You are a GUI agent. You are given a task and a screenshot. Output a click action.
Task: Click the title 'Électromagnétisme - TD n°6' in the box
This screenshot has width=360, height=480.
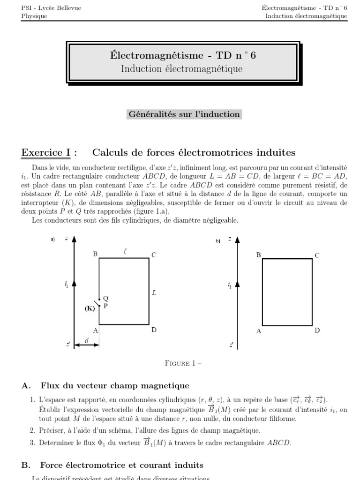(x=182, y=56)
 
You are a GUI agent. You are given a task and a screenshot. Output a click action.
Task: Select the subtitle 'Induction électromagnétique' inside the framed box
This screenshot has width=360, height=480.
(x=182, y=69)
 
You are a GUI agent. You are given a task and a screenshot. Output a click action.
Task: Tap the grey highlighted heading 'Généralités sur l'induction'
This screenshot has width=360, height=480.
(x=184, y=114)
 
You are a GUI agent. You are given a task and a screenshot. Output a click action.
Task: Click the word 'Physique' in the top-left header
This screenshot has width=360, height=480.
(x=34, y=16)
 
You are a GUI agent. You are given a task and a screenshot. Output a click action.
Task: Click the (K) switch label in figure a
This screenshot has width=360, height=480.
(x=90, y=308)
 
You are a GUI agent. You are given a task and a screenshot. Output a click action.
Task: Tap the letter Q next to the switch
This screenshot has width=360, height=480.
(x=105, y=298)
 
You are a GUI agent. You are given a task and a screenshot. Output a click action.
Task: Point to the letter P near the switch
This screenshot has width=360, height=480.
(x=105, y=305)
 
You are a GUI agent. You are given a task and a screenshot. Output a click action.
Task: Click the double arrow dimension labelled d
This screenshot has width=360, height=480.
(x=87, y=345)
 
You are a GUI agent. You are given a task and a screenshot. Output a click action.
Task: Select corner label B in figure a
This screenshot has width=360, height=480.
(x=95, y=254)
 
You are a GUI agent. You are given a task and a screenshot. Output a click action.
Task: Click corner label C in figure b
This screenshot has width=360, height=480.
(x=317, y=255)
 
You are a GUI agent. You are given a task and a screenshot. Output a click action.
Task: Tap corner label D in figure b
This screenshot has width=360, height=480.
(x=317, y=330)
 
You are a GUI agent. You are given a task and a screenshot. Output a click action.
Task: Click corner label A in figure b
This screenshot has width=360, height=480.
(x=258, y=331)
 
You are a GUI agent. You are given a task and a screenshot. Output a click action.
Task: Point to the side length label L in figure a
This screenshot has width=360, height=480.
(x=154, y=293)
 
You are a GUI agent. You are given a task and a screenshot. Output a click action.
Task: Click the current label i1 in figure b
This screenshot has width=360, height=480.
(x=229, y=285)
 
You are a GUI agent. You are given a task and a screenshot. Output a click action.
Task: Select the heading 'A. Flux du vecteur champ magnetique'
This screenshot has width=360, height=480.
(x=105, y=386)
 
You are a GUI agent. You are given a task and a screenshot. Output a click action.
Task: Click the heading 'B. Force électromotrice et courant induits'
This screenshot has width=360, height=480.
(x=112, y=465)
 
